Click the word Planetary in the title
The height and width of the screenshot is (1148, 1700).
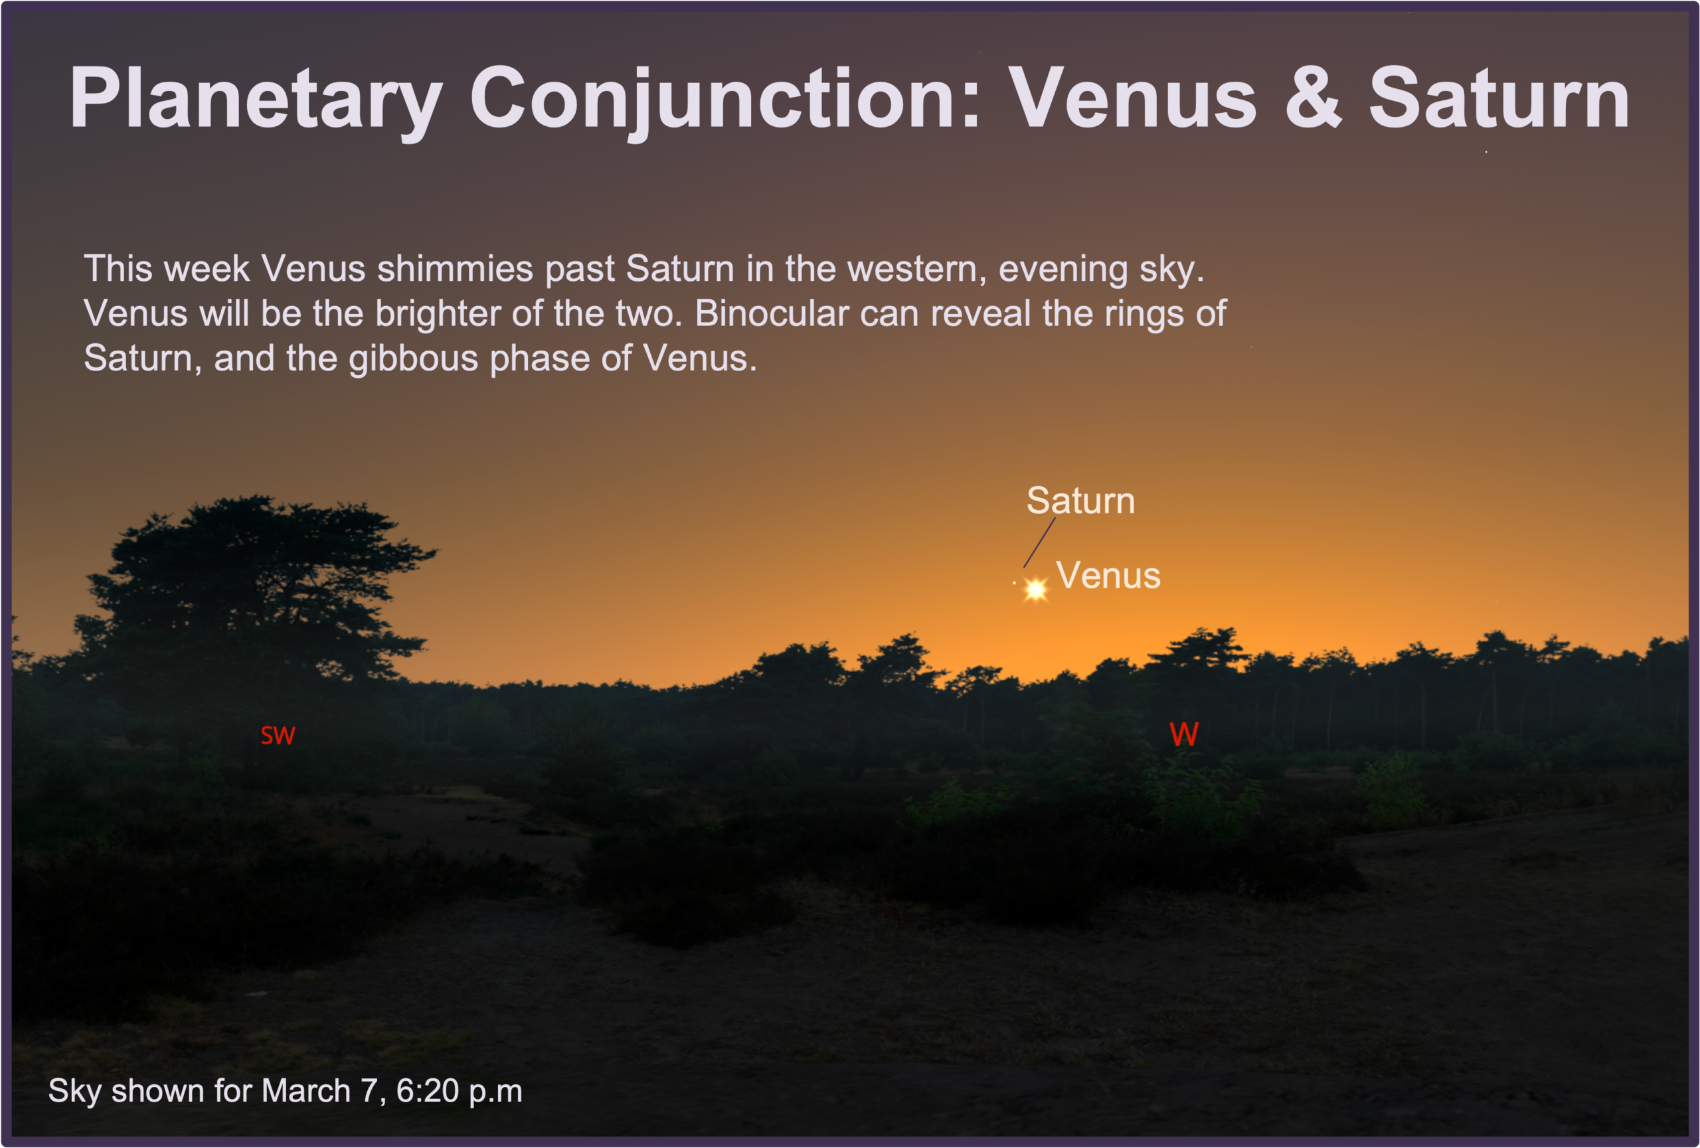256,100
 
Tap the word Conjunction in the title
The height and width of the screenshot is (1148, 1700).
725,100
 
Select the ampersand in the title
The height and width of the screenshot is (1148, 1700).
1314,97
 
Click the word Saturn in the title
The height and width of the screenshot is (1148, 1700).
1499,97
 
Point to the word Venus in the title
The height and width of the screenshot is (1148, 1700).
1132,97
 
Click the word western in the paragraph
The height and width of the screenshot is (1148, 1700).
912,269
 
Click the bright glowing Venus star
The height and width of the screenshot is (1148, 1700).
1035,589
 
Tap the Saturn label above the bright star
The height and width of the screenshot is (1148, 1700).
1080,501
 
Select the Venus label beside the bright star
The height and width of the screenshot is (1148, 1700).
1108,576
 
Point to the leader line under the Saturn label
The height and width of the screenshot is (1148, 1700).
1039,542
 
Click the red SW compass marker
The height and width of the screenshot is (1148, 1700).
278,736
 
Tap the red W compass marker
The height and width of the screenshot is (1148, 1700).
1183,734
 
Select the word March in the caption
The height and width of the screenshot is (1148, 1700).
305,1091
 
